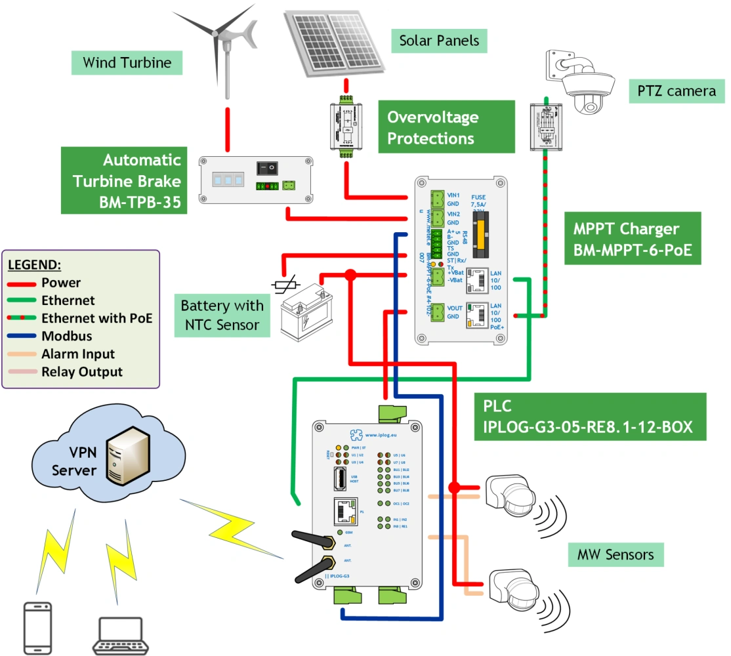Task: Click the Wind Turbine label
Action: [x=127, y=63]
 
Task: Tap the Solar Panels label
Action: [x=439, y=41]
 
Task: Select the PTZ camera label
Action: [x=675, y=91]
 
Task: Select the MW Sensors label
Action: [x=616, y=555]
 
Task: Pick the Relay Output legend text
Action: [x=82, y=372]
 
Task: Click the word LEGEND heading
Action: [x=35, y=266]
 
